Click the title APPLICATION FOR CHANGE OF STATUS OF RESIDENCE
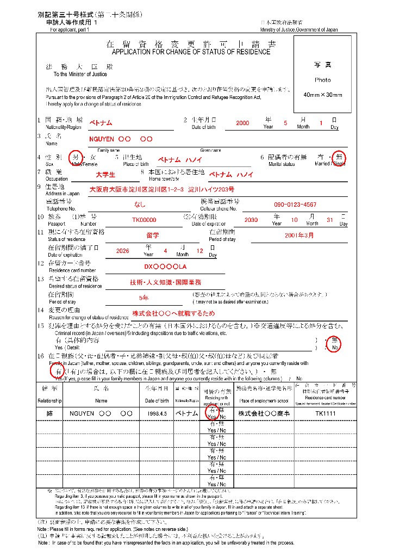[x=191, y=52]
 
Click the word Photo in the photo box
[x=322, y=79]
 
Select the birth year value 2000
[x=242, y=123]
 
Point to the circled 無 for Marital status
[x=339, y=157]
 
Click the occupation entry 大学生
[x=105, y=175]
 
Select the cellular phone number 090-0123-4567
[x=295, y=205]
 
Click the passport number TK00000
[x=144, y=220]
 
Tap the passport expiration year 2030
[x=251, y=220]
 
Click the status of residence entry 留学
[x=153, y=236]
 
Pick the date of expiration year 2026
[x=123, y=251]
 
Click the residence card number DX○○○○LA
[x=165, y=267]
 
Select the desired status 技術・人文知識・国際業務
[x=165, y=282]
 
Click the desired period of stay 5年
[x=144, y=298]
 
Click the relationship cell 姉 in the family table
[x=49, y=413]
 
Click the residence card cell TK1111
[x=326, y=413]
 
